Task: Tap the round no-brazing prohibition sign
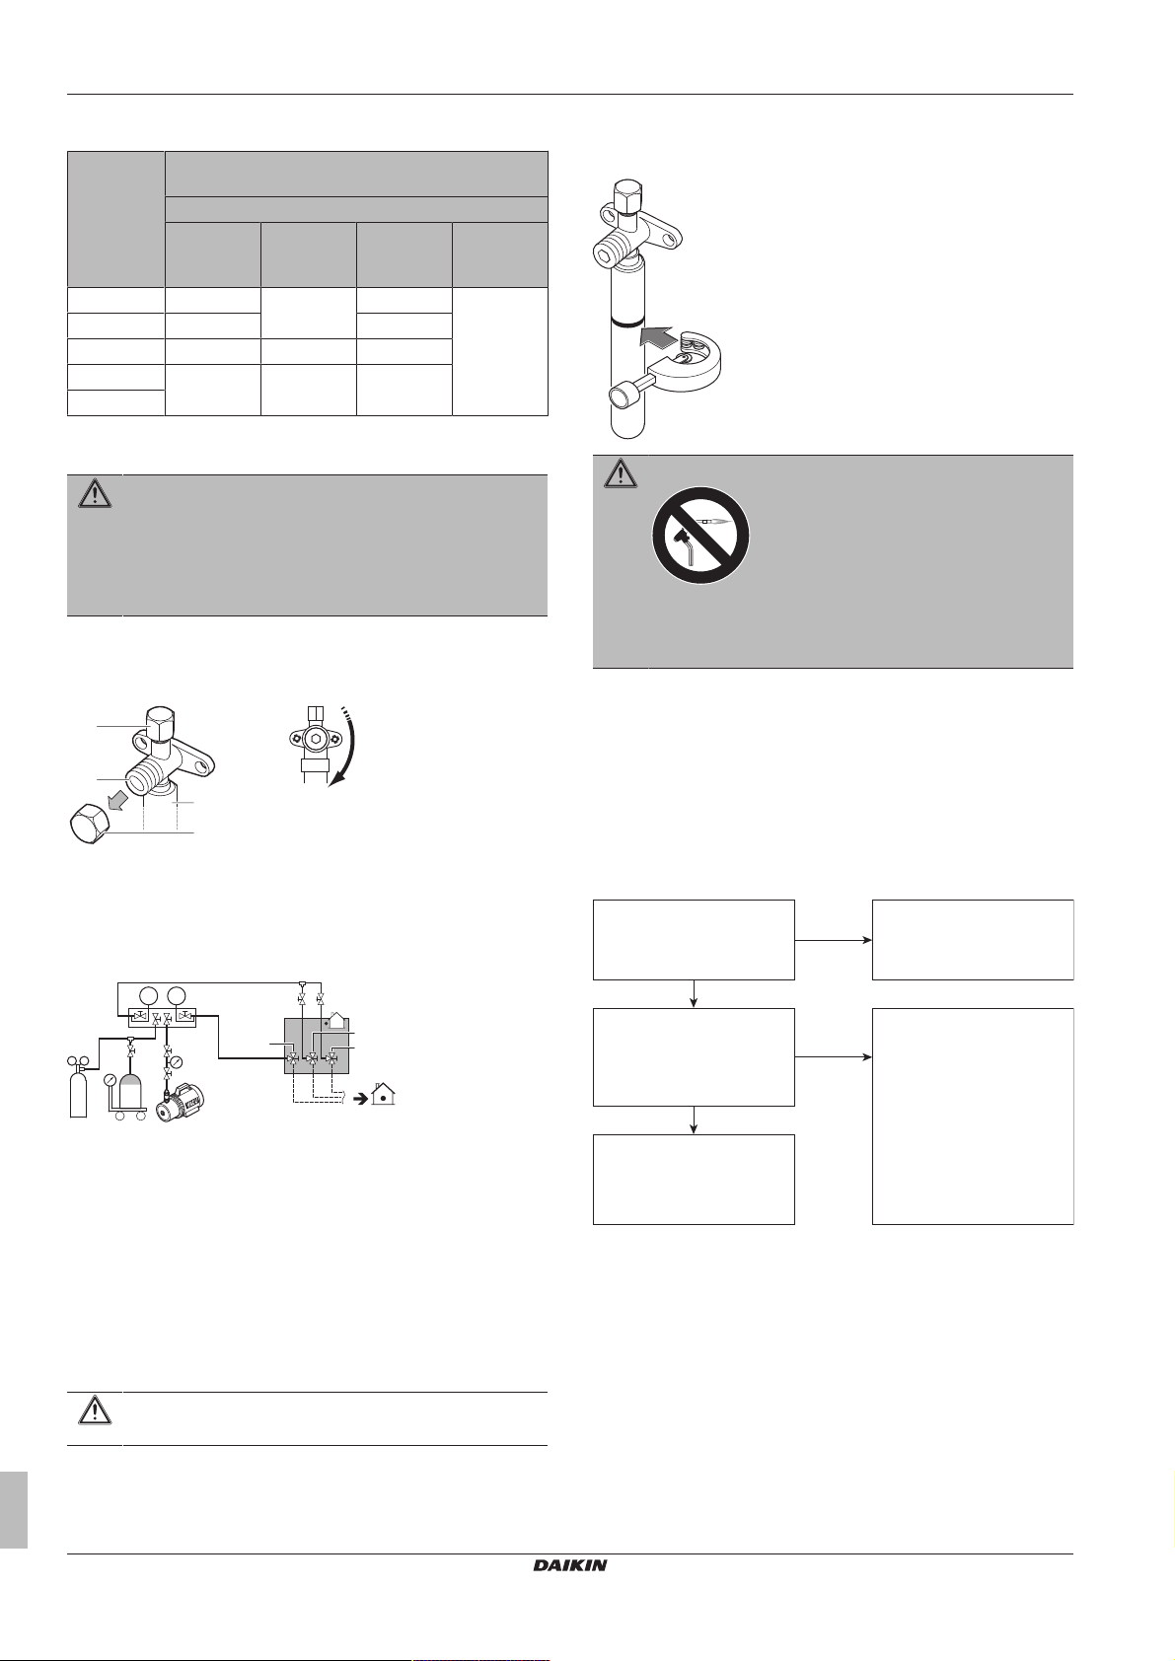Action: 700,535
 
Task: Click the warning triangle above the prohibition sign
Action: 621,473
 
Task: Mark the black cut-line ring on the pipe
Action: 625,322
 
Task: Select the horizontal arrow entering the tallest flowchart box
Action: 833,1056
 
